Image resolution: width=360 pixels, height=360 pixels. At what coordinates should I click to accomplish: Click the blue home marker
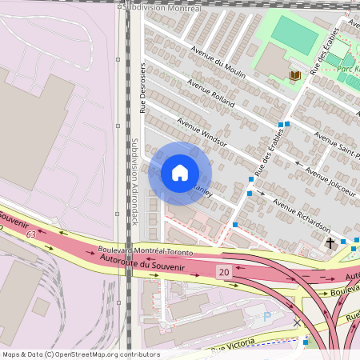(x=180, y=173)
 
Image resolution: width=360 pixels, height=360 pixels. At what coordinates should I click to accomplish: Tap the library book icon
(x=295, y=75)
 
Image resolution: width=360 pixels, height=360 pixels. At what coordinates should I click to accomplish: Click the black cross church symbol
(x=329, y=242)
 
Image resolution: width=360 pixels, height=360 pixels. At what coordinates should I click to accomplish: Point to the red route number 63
(x=30, y=234)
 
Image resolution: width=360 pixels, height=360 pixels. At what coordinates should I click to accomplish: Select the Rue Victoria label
(x=233, y=346)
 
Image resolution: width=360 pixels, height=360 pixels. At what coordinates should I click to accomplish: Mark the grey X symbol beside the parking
(x=298, y=322)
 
